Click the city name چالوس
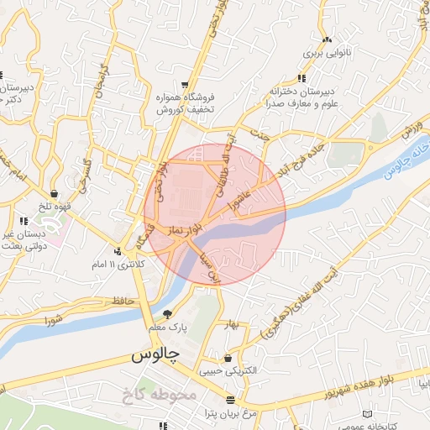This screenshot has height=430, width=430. tap(155, 355)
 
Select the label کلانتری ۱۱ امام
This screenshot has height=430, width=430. tap(117, 265)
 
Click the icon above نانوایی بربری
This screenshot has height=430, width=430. tap(327, 39)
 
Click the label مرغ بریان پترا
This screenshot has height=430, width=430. tap(227, 414)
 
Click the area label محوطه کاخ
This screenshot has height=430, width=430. tap(164, 394)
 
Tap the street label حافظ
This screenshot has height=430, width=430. tap(122, 300)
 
